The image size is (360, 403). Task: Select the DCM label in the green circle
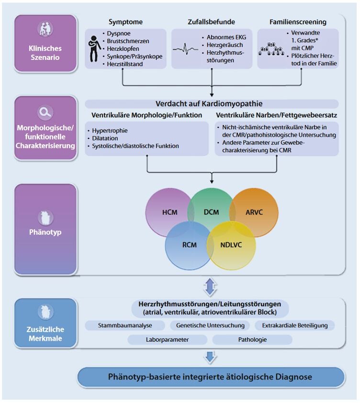pyautogui.click(x=211, y=212)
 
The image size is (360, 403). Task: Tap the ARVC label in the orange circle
pyautogui.click(x=255, y=212)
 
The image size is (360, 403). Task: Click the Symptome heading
pyautogui.click(x=125, y=22)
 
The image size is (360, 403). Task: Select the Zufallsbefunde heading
pyautogui.click(x=212, y=22)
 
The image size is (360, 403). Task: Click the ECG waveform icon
pyautogui.click(x=185, y=49)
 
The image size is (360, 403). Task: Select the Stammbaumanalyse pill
pyautogui.click(x=125, y=326)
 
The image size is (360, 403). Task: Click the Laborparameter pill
pyautogui.click(x=168, y=340)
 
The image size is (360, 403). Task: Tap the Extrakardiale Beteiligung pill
pyautogui.click(x=294, y=326)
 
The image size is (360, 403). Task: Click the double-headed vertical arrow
pyautogui.click(x=211, y=287)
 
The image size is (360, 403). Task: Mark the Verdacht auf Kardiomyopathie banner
pyautogui.click(x=212, y=104)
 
